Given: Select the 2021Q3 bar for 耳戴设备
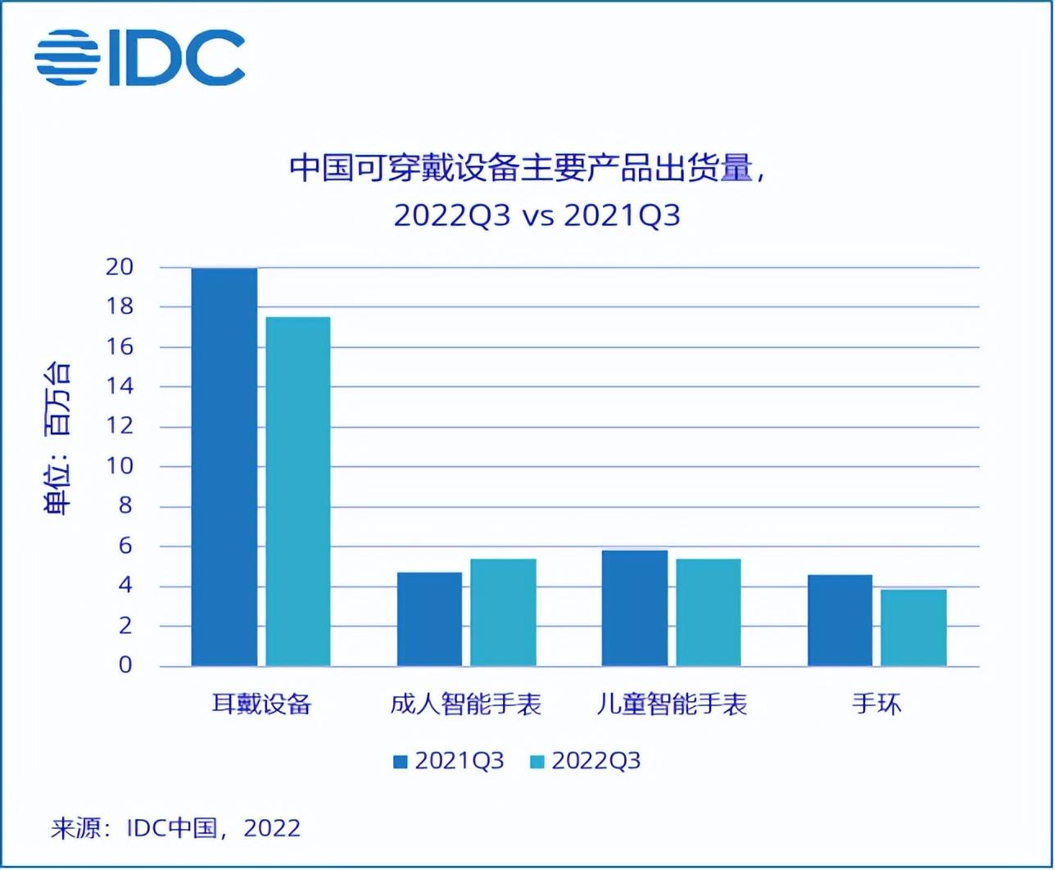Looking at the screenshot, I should [x=224, y=467].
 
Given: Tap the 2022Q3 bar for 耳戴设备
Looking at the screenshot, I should [x=298, y=492].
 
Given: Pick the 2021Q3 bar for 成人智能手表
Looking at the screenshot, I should [x=429, y=619].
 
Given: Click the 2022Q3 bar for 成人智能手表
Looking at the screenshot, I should [x=503, y=613].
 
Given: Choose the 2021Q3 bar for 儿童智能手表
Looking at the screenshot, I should [x=635, y=608].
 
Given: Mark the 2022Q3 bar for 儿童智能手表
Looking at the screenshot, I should [x=709, y=613].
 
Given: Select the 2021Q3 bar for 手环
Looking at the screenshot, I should [x=840, y=620].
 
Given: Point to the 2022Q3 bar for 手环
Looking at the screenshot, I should [x=914, y=628].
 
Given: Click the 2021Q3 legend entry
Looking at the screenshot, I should [x=449, y=761].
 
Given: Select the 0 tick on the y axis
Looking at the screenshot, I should [x=125, y=666].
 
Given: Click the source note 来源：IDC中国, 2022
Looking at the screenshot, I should [x=175, y=827].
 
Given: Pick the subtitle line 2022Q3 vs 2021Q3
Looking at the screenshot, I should [x=537, y=216].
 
